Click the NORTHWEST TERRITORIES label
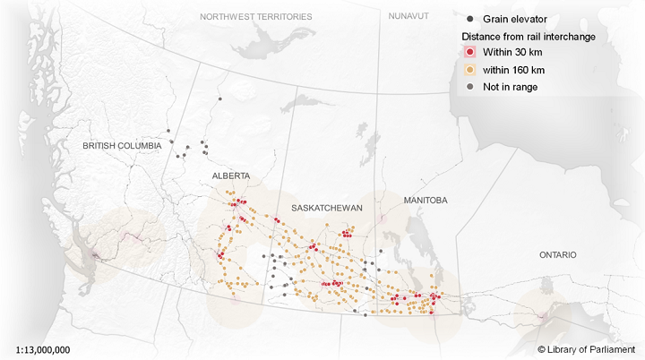[256, 17]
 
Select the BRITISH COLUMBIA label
[122, 145]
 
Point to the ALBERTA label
[231, 176]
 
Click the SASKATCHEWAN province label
[326, 207]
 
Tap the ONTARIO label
[558, 255]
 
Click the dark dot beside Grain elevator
[469, 19]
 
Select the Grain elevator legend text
[514, 19]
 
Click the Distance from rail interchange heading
[529, 36]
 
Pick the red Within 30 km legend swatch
[469, 53]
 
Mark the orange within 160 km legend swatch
[469, 70]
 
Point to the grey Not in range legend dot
[469, 87]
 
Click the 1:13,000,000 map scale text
[43, 348]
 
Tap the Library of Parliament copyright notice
[586, 348]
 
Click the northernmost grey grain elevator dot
[218, 99]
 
